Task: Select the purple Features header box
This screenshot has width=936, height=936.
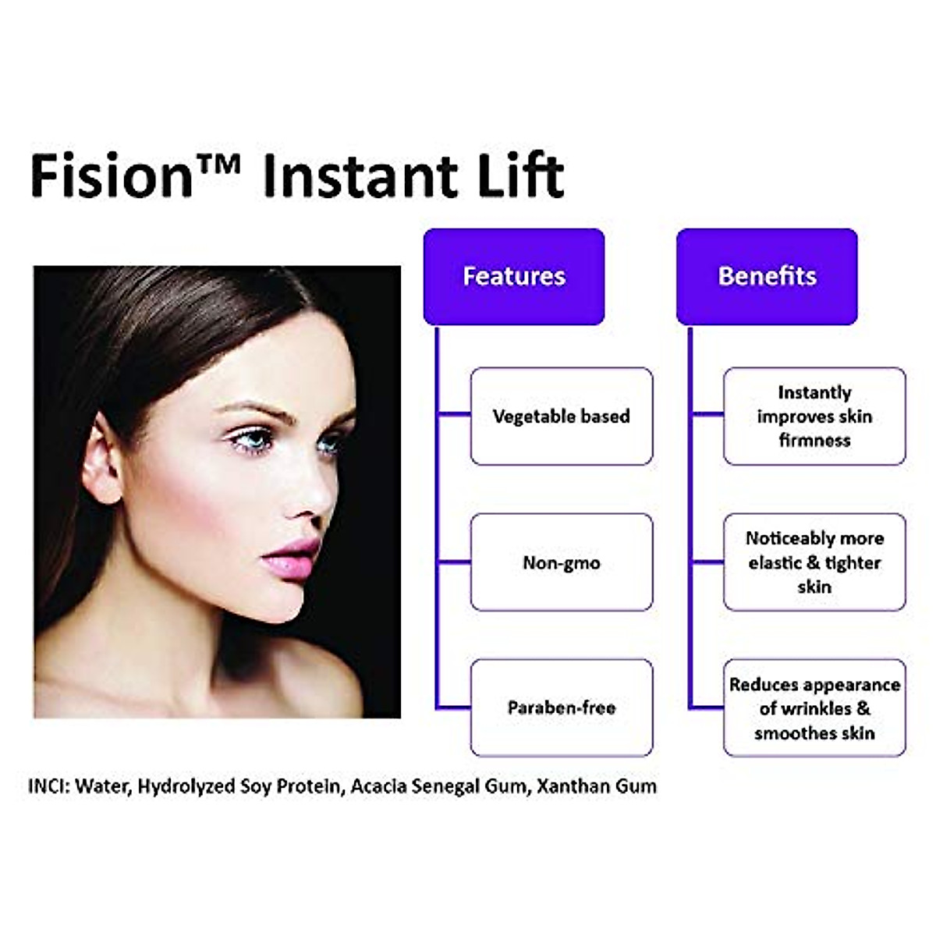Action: pos(514,276)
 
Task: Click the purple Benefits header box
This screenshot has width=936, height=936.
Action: pos(767,276)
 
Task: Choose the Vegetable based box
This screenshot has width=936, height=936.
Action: pos(562,417)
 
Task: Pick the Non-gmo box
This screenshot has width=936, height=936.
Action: pos(562,562)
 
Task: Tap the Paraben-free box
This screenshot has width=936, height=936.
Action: pos(562,707)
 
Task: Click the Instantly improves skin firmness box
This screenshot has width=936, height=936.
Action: pos(814,417)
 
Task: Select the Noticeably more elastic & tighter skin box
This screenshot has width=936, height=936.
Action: pos(814,562)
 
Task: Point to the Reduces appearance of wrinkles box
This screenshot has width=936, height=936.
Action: pos(814,707)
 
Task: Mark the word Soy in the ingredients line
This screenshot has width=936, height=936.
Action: pos(256,786)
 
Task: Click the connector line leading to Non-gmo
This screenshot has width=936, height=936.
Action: pos(454,562)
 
